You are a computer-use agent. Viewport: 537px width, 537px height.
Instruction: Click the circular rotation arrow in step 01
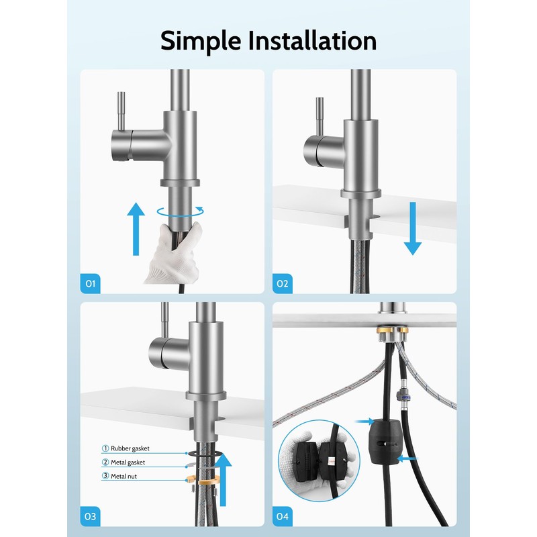pyautogui.click(x=181, y=211)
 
